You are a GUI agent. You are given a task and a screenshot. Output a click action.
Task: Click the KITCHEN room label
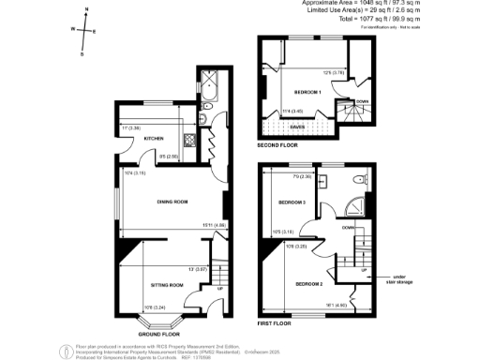142,139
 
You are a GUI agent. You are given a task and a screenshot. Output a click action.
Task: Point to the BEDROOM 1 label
307,92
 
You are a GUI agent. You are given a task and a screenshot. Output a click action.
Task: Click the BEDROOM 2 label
309,283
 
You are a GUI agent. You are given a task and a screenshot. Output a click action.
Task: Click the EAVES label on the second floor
296,127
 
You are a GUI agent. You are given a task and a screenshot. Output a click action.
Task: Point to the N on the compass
86,8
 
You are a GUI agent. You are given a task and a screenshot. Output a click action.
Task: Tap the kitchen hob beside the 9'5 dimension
188,142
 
